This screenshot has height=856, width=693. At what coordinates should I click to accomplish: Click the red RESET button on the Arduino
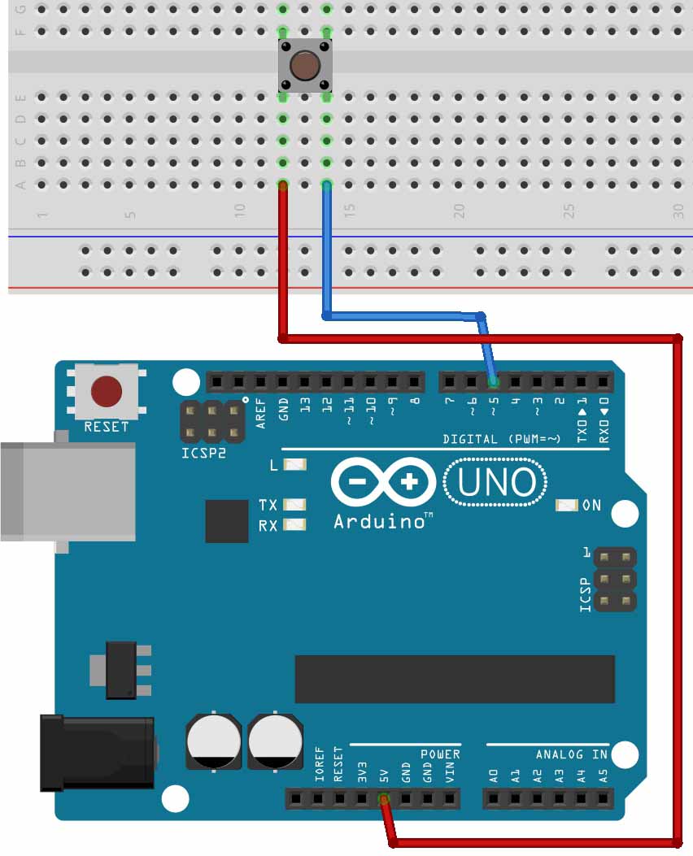click(106, 391)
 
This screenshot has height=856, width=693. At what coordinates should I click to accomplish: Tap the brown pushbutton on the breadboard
click(305, 65)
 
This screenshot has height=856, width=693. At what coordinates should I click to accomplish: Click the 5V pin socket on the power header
click(384, 800)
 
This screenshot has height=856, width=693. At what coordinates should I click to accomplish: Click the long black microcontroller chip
click(455, 679)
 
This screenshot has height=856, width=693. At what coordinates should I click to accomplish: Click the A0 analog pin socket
click(494, 800)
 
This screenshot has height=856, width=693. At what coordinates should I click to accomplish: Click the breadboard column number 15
click(349, 210)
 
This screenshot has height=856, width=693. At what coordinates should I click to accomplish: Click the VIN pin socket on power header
click(450, 800)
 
